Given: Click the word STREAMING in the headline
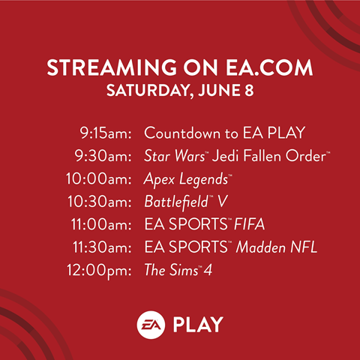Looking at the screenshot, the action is click(112, 67).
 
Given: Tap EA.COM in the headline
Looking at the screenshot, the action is click(269, 67).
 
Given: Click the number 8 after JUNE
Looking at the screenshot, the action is click(249, 90).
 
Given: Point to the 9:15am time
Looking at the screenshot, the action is click(106, 133).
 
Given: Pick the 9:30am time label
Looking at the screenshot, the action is click(103, 156).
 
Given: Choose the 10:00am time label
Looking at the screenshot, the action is click(99, 179).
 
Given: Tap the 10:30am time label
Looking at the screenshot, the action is click(100, 202).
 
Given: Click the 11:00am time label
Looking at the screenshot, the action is click(101, 224).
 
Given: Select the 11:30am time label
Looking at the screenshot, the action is click(102, 247).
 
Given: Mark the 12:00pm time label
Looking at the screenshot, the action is click(99, 271).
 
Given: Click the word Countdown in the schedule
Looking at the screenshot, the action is click(182, 133).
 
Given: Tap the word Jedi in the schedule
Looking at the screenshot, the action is click(226, 155).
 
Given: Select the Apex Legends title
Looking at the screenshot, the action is click(186, 179).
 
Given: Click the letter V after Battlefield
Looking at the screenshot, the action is click(222, 202).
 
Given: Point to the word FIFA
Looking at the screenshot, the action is click(249, 224).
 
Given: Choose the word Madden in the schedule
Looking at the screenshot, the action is click(261, 247).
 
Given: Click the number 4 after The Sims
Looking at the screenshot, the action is click(208, 270).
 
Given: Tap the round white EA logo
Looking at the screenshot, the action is click(151, 325).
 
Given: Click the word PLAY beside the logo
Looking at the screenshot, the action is click(198, 325).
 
